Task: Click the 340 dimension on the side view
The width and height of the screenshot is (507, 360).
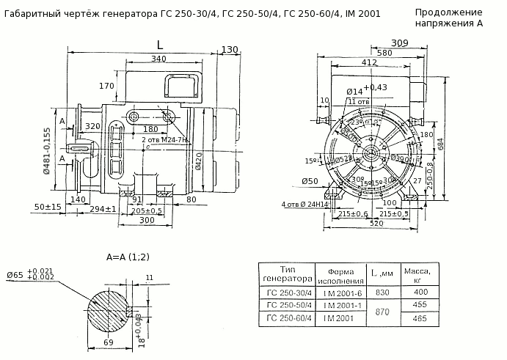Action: (x=158, y=59)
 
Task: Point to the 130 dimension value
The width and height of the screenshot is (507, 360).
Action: (x=230, y=50)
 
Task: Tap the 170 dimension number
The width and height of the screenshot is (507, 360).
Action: (x=107, y=87)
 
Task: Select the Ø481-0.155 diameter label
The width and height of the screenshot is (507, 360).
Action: (x=47, y=153)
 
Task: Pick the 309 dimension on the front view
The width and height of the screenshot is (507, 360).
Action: (x=399, y=43)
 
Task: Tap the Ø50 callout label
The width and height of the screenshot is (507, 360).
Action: (x=310, y=181)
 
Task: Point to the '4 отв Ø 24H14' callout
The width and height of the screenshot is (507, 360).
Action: (x=305, y=204)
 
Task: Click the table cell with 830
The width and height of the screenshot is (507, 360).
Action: (x=383, y=292)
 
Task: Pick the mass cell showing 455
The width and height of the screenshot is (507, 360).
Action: (x=420, y=304)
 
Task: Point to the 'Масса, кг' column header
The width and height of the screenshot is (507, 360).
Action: (x=420, y=274)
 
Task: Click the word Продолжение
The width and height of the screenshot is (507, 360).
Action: (x=448, y=12)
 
